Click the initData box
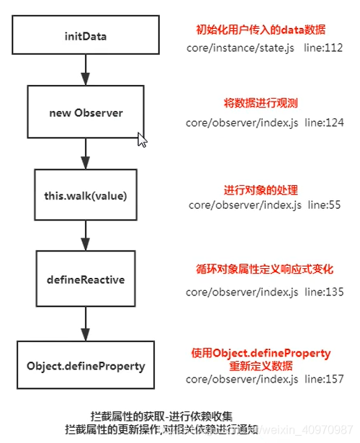86,35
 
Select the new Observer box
86,112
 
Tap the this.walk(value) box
86,195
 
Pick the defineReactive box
86,279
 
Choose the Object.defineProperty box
86,365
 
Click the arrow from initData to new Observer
86,70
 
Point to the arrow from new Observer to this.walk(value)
86,153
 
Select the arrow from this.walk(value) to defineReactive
86,236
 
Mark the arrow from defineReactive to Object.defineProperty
86,323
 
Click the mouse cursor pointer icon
142,140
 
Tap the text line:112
323,48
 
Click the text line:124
324,122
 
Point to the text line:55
324,205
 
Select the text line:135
324,292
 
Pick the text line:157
324,379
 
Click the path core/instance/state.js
240,48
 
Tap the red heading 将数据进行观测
261,103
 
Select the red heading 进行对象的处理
261,190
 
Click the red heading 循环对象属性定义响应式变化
264,269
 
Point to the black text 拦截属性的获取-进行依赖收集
161,416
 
